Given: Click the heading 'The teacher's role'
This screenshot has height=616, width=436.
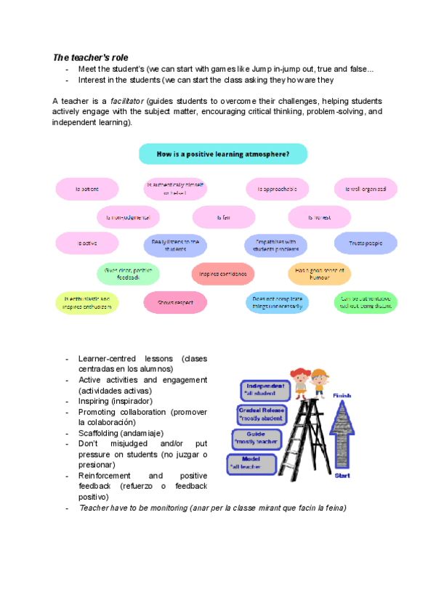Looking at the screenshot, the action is click(91, 57).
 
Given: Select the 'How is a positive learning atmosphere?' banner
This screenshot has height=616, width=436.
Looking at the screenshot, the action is click(222, 154).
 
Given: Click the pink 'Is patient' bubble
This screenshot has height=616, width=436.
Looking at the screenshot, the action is click(87, 189).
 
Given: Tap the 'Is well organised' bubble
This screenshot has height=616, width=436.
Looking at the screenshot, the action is click(366, 189).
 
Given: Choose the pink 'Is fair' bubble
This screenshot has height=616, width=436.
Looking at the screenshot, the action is click(224, 216).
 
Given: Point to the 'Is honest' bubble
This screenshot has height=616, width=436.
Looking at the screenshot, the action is click(319, 216).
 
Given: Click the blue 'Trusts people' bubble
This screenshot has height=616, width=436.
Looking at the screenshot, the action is click(366, 243).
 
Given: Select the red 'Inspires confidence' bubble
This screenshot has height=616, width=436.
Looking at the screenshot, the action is click(223, 274).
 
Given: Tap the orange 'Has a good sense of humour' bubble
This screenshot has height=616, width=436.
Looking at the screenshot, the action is click(319, 274).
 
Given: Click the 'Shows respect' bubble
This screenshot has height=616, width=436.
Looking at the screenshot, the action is click(175, 302).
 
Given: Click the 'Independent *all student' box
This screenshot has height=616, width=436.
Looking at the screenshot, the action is click(266, 389).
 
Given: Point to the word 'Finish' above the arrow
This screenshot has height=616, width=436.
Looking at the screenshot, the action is click(342, 395).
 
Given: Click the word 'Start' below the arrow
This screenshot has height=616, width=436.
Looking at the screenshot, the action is click(342, 475).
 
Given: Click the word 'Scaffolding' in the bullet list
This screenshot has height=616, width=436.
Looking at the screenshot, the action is click(100, 433).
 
